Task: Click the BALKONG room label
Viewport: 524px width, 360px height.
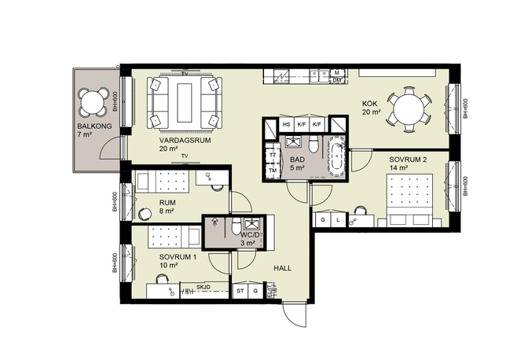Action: [x=94, y=127]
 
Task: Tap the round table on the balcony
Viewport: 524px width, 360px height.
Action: [x=92, y=102]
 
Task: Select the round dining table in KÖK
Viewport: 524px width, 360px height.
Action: [x=409, y=109]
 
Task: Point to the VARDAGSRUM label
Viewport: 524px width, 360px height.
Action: [x=185, y=141]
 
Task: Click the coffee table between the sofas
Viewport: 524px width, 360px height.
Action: [x=185, y=103]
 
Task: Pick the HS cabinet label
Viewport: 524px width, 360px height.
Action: [x=287, y=125]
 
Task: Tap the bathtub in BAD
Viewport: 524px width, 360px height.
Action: [x=337, y=156]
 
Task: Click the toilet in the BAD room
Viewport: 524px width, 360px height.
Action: [x=313, y=144]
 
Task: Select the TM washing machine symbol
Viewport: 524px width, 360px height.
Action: [x=273, y=170]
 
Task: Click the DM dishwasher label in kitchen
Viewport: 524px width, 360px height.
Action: [x=336, y=80]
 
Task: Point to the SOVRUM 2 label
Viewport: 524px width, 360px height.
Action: [x=408, y=160]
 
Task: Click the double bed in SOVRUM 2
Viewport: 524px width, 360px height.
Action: [x=409, y=200]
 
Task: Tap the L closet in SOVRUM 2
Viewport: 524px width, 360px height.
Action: [x=338, y=219]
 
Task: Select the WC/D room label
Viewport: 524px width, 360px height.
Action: [x=249, y=234]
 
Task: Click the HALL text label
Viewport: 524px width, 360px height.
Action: [x=282, y=268]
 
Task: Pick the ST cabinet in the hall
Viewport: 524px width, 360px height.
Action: [x=240, y=291]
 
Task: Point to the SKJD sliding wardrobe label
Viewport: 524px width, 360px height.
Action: [x=203, y=287]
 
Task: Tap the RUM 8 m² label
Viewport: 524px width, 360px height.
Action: [x=167, y=207]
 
